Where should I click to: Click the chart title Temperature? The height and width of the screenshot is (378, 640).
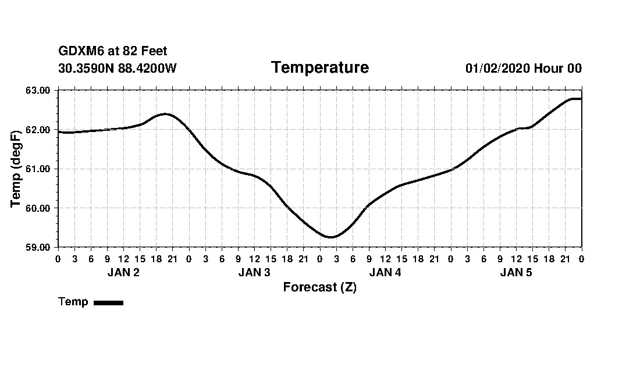(319, 67)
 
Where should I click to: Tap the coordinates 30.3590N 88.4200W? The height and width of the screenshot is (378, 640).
(118, 68)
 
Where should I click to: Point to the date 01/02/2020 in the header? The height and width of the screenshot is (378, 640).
(497, 68)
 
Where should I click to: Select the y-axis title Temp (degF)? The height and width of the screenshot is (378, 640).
(16, 169)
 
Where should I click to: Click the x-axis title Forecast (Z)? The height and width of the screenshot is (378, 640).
(319, 287)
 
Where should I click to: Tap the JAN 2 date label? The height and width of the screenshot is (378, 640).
(123, 272)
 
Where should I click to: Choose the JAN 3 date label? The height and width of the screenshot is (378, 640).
(254, 272)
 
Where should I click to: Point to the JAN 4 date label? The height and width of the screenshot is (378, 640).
(385, 272)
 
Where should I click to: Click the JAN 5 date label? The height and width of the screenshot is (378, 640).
(516, 272)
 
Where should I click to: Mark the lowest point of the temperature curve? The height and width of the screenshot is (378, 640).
(330, 237)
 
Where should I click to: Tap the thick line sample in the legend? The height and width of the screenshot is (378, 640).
(108, 302)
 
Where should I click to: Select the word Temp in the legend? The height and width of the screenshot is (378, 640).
(73, 302)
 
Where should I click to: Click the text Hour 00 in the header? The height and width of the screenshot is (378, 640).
(558, 68)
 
